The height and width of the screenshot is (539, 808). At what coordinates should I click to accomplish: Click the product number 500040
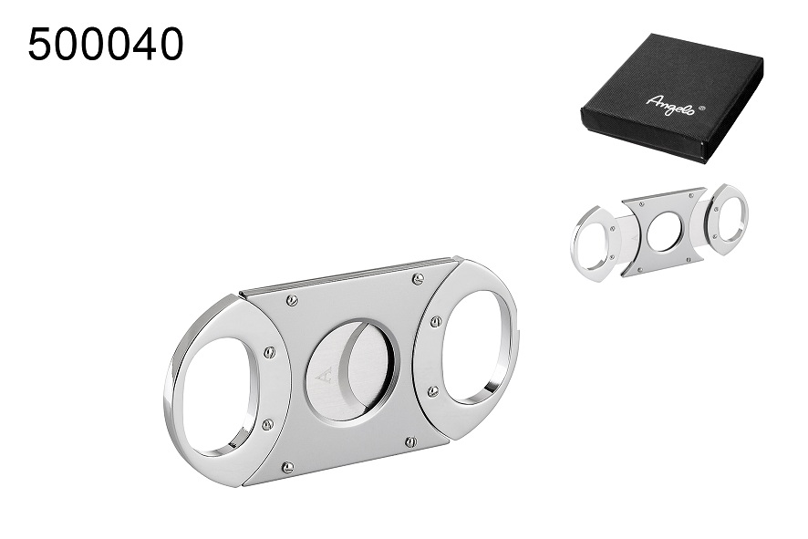[105, 44]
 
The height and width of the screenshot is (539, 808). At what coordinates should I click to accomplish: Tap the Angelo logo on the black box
[669, 104]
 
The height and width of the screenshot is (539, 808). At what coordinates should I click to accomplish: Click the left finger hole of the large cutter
[217, 393]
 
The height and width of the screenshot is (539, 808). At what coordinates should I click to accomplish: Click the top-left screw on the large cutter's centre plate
[292, 300]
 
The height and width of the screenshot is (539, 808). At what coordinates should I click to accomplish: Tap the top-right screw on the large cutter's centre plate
[417, 278]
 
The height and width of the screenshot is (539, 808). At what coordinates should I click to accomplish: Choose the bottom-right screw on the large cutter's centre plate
[409, 442]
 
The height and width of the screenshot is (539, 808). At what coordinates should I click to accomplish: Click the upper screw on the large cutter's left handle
[270, 352]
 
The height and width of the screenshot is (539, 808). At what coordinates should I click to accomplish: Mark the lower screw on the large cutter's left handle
[267, 423]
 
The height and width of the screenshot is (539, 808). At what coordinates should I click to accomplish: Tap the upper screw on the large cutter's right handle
[435, 320]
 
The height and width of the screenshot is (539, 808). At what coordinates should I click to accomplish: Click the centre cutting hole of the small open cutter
[663, 232]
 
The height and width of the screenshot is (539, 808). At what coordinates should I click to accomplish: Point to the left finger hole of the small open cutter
[593, 243]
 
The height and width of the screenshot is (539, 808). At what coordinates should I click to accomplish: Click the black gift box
[671, 95]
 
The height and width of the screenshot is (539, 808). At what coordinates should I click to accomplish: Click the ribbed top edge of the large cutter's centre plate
[350, 275]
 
